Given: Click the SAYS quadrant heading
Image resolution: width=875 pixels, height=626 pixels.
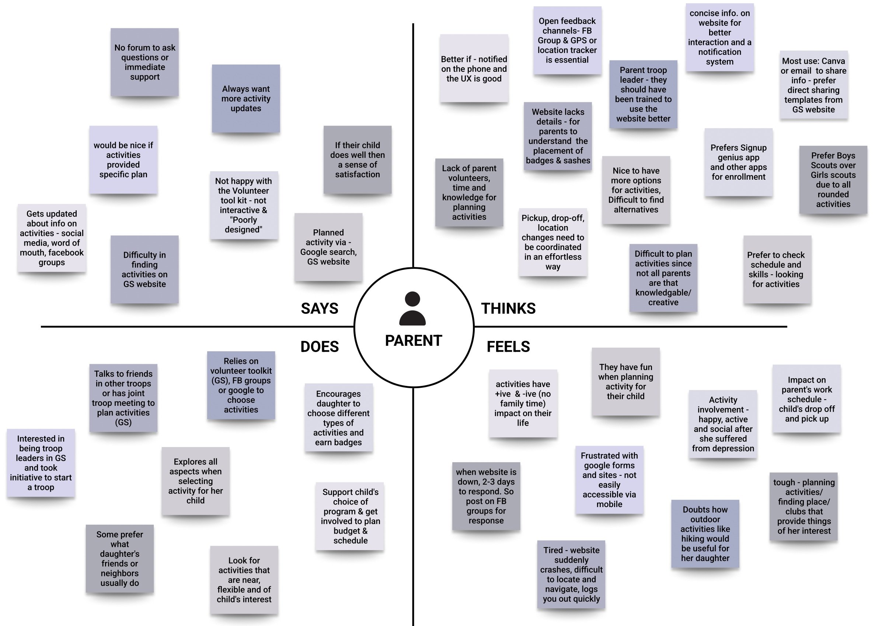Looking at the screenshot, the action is coord(319,308).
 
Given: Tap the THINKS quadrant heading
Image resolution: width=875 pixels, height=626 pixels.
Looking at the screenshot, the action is coord(508,308).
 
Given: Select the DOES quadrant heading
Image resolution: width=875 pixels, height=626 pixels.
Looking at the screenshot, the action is coord(320,347).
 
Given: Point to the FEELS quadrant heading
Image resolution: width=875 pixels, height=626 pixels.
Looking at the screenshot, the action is coord(508,347).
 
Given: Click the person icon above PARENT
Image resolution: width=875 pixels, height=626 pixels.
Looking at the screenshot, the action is coord(412,308).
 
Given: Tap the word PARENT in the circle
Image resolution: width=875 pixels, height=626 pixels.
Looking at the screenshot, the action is coord(413,341).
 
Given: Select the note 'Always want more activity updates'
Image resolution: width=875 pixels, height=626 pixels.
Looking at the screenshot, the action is coord(246,98).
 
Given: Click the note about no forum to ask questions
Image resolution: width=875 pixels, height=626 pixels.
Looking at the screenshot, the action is coord(145,62).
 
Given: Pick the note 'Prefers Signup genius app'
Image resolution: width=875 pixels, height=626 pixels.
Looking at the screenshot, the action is coord(738,162).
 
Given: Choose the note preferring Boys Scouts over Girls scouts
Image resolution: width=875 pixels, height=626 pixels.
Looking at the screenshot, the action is coord(833,180).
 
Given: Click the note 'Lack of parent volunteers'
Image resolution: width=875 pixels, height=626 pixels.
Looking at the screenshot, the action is coord(469,192).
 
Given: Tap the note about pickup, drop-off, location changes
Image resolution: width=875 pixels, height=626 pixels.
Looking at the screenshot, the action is coord(553,242).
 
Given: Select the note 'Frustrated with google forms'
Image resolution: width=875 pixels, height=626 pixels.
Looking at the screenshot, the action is coord(609,479).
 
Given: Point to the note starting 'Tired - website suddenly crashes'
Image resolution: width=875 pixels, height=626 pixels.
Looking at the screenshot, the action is coord(571,574).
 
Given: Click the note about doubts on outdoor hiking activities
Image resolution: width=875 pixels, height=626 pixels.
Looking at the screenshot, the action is coord(705,534).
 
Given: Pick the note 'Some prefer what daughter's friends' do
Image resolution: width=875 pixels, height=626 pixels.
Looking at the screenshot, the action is coord(119,559).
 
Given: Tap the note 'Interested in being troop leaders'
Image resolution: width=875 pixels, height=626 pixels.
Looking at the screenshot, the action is coord(41,463).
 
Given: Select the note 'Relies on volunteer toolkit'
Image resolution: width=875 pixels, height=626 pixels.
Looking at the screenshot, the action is coord(241,385).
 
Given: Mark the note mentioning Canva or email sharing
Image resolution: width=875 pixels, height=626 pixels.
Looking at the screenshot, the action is coord(813,85).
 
